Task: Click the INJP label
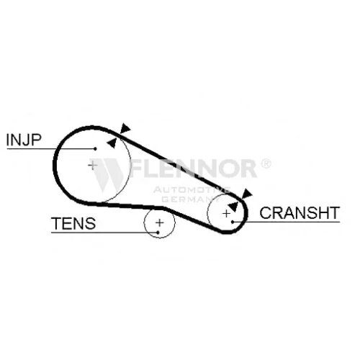(24, 140)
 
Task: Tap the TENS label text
(73, 223)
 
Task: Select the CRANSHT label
(300, 212)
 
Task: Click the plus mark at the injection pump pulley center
(92, 166)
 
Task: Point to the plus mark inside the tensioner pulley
(160, 222)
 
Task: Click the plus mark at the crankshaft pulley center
(226, 213)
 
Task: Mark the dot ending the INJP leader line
(95, 149)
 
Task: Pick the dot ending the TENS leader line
(158, 233)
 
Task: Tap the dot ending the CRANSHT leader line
(233, 222)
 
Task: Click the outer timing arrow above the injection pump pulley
(125, 128)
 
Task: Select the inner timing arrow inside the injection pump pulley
(112, 143)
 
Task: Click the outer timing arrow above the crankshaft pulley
(246, 194)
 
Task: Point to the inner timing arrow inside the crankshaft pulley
(233, 207)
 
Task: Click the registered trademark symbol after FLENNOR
(266, 163)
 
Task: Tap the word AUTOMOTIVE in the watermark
(192, 190)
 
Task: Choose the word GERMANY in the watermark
(189, 199)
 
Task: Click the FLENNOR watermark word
(193, 168)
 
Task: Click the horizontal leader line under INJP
(51, 149)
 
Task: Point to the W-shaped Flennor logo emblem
(107, 175)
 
